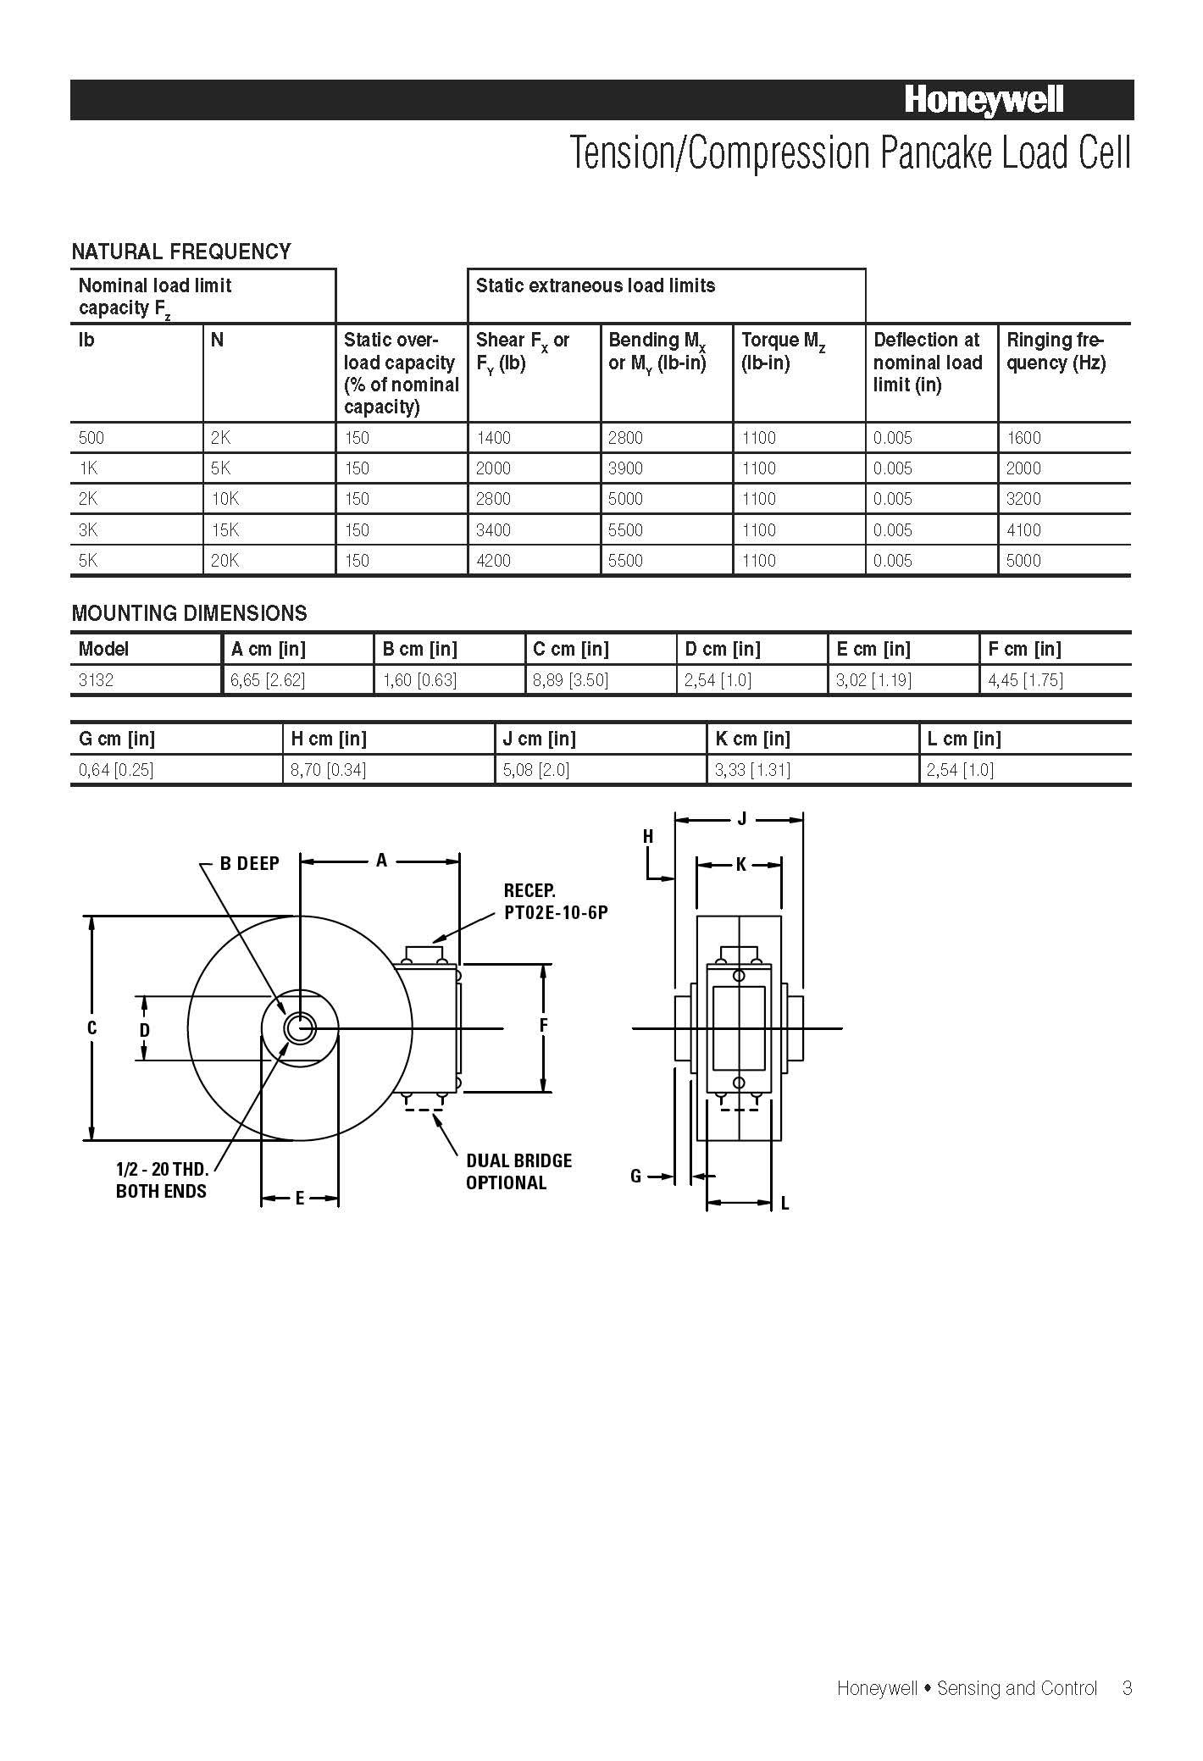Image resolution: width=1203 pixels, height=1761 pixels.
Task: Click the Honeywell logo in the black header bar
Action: tap(984, 100)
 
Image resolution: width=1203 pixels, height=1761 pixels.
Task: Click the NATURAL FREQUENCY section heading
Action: tap(180, 252)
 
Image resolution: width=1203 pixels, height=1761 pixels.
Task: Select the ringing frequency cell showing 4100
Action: tap(1023, 530)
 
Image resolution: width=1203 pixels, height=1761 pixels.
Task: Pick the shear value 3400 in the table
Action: tap(493, 530)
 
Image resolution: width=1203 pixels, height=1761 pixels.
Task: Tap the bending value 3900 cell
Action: tap(625, 468)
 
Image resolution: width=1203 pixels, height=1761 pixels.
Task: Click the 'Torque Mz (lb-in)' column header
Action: tap(783, 351)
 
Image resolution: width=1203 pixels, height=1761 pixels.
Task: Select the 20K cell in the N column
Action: tap(225, 561)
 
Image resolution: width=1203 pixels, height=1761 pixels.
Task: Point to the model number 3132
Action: tap(96, 680)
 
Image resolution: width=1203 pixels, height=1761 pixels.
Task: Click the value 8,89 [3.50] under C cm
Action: tap(570, 680)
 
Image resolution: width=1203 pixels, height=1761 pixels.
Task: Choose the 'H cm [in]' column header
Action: tap(329, 739)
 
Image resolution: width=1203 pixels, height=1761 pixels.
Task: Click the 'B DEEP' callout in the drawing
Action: tap(249, 863)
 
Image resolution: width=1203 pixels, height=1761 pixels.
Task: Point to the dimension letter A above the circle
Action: tap(381, 861)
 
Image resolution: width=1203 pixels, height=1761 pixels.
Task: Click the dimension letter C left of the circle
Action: tap(91, 1027)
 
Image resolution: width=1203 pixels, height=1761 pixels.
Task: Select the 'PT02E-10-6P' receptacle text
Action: tap(555, 913)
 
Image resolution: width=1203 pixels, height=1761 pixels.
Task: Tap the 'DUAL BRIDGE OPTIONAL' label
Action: tap(518, 1171)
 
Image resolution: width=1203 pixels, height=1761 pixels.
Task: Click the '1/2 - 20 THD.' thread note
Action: tap(162, 1169)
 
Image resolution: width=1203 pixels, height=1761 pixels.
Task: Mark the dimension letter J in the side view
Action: tap(741, 818)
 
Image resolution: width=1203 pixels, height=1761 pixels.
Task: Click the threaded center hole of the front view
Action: tap(298, 1028)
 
